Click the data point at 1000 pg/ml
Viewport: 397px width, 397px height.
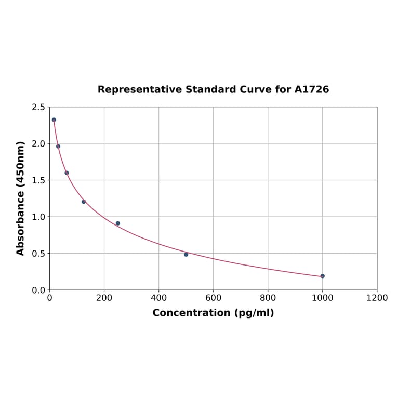click(322, 276)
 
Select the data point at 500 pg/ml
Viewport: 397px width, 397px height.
click(186, 254)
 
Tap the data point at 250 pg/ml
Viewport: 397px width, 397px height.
click(118, 223)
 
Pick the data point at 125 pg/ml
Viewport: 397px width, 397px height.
click(84, 202)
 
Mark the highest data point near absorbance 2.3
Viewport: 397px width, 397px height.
click(54, 120)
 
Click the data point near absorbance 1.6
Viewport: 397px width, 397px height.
click(67, 173)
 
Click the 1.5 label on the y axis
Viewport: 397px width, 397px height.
click(38, 180)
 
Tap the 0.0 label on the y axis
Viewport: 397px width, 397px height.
click(38, 290)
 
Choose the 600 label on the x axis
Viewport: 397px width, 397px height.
click(213, 298)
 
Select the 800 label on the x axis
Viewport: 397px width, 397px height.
click(268, 298)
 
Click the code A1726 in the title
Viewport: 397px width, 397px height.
click(312, 89)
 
